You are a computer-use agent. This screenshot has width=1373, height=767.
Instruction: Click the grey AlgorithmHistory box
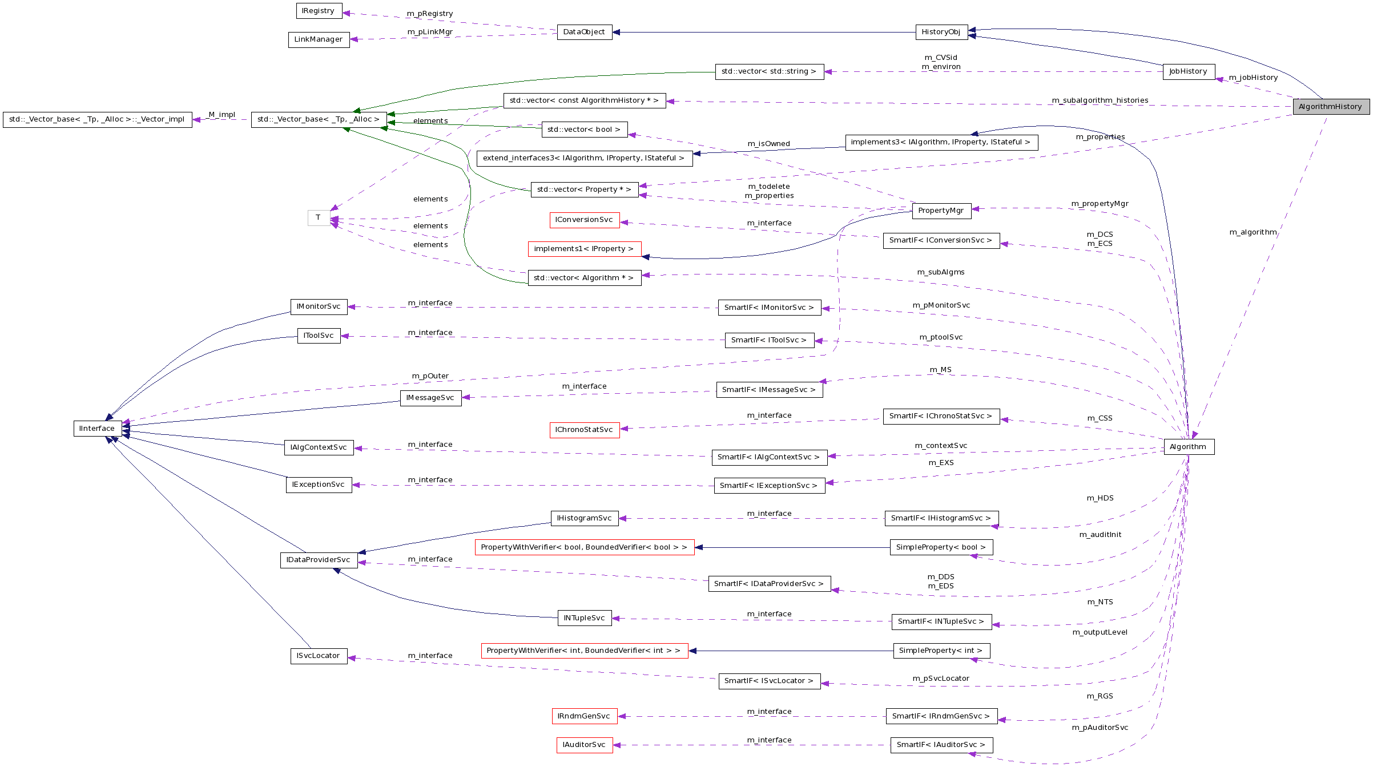(x=1331, y=107)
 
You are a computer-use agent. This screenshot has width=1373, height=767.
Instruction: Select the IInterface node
(x=97, y=429)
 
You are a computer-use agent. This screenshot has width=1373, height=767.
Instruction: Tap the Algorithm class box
(x=1189, y=447)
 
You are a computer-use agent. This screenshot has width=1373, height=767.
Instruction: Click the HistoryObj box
(x=941, y=32)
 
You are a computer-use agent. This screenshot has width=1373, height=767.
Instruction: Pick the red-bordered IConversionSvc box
(x=584, y=220)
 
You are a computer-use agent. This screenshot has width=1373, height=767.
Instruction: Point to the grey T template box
(x=319, y=217)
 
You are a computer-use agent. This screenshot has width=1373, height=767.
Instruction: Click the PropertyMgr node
(x=941, y=211)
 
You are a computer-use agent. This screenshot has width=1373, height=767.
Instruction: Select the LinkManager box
(x=319, y=39)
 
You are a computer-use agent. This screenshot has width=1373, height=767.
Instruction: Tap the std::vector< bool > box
(x=584, y=130)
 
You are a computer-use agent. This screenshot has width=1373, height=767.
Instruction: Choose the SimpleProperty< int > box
(x=941, y=651)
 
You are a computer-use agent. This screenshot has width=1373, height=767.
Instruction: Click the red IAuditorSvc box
(x=584, y=745)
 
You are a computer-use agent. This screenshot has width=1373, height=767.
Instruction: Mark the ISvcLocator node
(x=319, y=656)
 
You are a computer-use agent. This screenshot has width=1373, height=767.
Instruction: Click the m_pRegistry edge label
(x=430, y=14)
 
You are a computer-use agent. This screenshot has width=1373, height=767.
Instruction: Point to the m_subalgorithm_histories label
(x=1100, y=100)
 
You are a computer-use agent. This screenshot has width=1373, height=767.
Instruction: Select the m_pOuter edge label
(x=430, y=376)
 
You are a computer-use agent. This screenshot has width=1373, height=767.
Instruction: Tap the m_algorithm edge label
(x=1253, y=232)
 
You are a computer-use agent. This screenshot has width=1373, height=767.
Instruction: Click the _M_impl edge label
(x=222, y=115)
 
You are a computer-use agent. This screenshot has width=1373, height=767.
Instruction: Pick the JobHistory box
(x=1188, y=71)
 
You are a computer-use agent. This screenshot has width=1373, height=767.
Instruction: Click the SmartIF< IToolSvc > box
(x=769, y=340)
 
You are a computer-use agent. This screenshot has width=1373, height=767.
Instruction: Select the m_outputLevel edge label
(x=1100, y=632)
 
